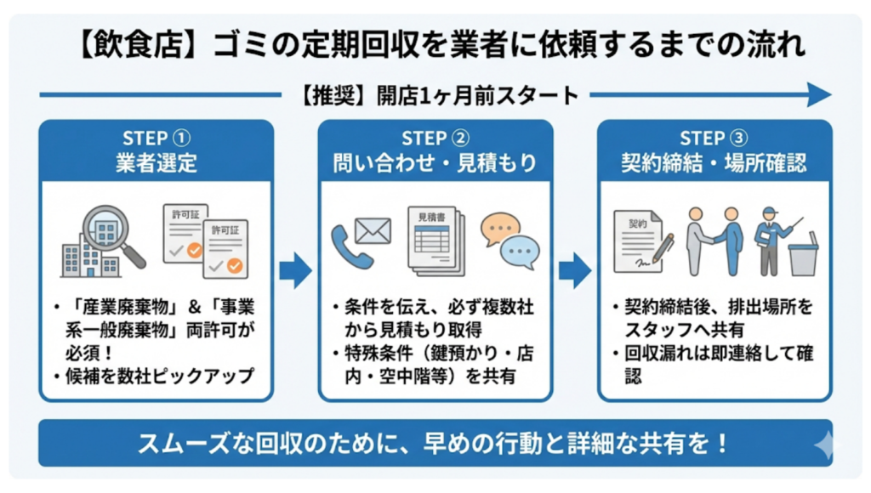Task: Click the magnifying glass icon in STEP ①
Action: (x=110, y=232)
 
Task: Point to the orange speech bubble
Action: (x=499, y=229)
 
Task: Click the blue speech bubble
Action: (x=520, y=252)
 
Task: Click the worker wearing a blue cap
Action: (x=771, y=239)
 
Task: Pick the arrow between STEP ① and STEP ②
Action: (x=295, y=271)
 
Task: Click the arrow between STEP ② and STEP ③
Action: (x=575, y=271)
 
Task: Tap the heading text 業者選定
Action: (x=157, y=162)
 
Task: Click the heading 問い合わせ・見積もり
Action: (x=435, y=162)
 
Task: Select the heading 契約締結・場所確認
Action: (x=714, y=162)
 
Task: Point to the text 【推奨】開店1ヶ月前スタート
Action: (x=436, y=94)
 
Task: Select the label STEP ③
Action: (x=714, y=138)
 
